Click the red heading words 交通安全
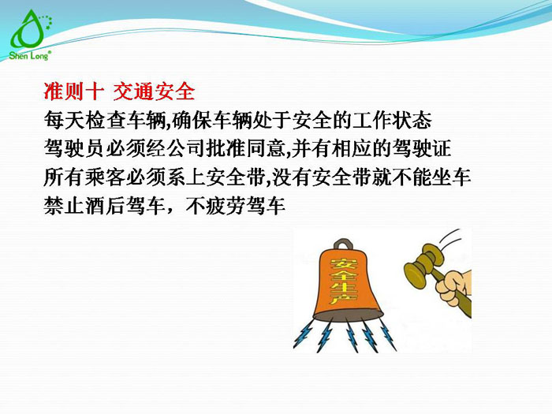154,91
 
